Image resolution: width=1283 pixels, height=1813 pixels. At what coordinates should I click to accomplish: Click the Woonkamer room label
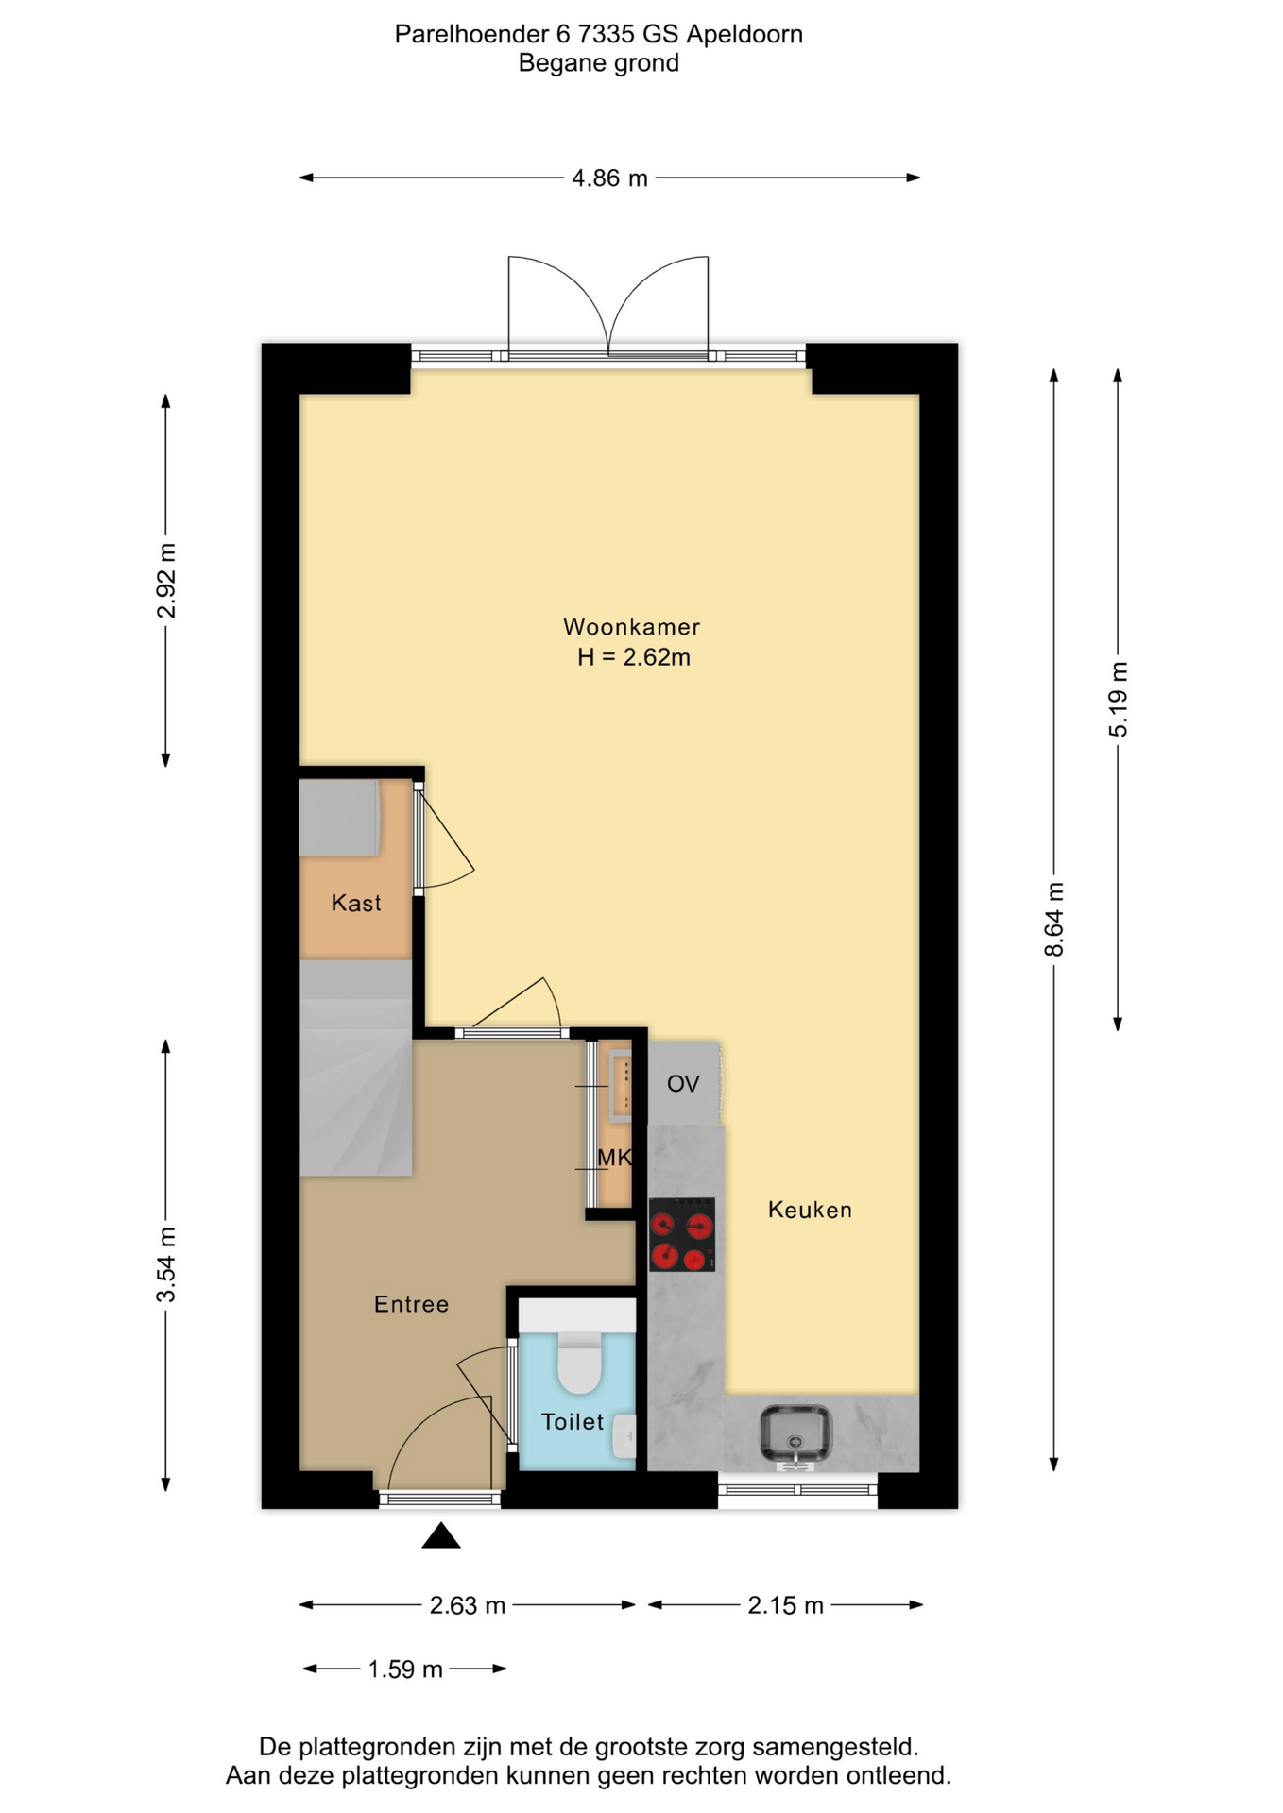coord(631,627)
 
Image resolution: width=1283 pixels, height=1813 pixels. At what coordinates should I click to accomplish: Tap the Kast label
coord(356,904)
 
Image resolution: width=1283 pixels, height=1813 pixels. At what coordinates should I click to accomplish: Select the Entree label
coord(411,1304)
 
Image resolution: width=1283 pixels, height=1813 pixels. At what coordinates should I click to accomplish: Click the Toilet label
coord(573,1421)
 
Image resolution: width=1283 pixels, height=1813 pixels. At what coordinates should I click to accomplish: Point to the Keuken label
coord(810,1210)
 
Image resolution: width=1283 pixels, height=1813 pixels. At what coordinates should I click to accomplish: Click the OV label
coord(683,1084)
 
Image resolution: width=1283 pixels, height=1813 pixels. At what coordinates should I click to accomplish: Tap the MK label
coord(614,1157)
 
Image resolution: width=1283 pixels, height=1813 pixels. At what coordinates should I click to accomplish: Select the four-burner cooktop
coord(682,1234)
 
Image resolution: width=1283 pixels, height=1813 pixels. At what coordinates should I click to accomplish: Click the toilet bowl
coord(580,1363)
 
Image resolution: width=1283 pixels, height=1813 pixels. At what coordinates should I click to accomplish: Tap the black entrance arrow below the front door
coord(441,1535)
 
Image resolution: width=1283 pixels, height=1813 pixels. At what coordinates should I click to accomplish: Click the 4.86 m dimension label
coord(609,178)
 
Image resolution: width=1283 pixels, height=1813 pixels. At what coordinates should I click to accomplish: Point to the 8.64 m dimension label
coord(1054,919)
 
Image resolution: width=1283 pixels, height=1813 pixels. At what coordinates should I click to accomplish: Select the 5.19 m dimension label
coord(1119,699)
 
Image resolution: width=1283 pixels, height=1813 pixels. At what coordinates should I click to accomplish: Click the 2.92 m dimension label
coord(166,581)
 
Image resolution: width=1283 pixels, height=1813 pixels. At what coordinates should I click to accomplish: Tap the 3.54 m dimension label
coord(166,1265)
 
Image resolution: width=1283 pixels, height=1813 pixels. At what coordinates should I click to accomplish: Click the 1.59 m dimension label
coord(405,1669)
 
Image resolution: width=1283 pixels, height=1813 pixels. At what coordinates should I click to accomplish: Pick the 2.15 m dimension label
coord(786,1605)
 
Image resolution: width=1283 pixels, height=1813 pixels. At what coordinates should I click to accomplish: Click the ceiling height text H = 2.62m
coord(634,657)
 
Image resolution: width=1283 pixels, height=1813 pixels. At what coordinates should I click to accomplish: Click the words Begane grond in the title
coord(599,63)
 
